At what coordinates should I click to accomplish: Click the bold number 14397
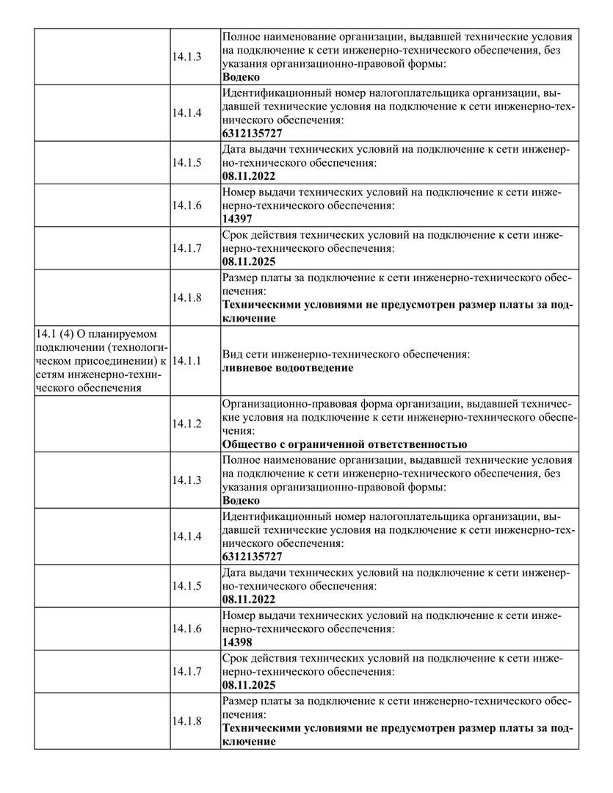point(237,218)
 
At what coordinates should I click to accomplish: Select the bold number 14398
point(237,642)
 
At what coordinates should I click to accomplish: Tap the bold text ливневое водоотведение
point(287,368)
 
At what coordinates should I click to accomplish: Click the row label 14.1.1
point(187,361)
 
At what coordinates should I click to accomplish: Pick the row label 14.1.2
point(187,424)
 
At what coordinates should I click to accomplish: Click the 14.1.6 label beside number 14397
point(187,205)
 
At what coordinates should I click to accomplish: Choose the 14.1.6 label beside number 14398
point(187,629)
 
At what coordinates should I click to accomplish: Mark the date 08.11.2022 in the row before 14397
point(249,177)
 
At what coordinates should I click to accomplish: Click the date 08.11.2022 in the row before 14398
point(249,600)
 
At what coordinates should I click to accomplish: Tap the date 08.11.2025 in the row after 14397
point(249,261)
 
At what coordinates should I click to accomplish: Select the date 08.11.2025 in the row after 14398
point(249,684)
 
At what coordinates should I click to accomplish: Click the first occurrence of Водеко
point(240,76)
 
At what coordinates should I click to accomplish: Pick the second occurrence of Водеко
point(240,500)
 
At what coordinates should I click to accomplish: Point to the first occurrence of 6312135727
point(252,133)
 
